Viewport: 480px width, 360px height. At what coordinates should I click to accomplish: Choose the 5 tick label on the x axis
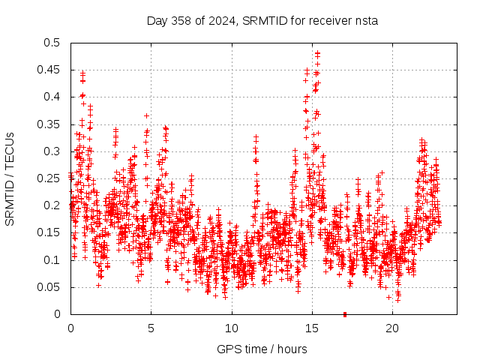coord(151,328)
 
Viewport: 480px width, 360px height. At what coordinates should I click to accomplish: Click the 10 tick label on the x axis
coord(231,328)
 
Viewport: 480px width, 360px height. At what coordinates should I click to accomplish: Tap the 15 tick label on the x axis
coord(311,328)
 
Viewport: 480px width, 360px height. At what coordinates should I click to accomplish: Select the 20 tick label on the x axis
coord(391,328)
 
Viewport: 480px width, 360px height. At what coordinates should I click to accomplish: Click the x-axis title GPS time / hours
coord(262,349)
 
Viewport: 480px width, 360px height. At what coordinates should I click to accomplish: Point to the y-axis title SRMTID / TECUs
coord(10,178)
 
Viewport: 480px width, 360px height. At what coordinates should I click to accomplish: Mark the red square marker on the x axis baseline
coord(345,313)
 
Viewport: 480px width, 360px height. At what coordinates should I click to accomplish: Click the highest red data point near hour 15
coord(318,53)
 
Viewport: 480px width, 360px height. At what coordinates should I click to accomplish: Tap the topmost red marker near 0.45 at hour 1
coord(82,73)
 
